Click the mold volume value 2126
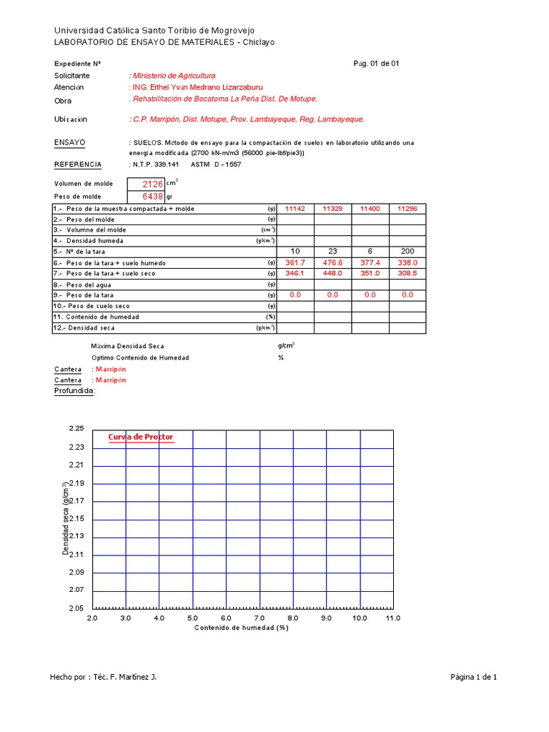click(x=152, y=184)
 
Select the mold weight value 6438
click(x=152, y=197)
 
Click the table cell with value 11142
click(x=295, y=209)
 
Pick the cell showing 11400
click(x=370, y=209)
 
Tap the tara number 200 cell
click(x=407, y=252)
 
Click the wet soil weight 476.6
click(x=332, y=262)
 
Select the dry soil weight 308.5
click(x=407, y=273)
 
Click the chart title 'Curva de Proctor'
click(x=140, y=437)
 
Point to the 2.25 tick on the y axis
click(x=76, y=429)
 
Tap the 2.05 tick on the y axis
click(x=76, y=608)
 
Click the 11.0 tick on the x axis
click(x=392, y=618)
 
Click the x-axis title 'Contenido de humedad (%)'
click(x=241, y=628)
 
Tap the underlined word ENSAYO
click(x=70, y=143)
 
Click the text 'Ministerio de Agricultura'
click(x=173, y=76)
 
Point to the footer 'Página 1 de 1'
click(x=473, y=677)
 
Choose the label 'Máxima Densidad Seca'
click(x=128, y=346)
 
